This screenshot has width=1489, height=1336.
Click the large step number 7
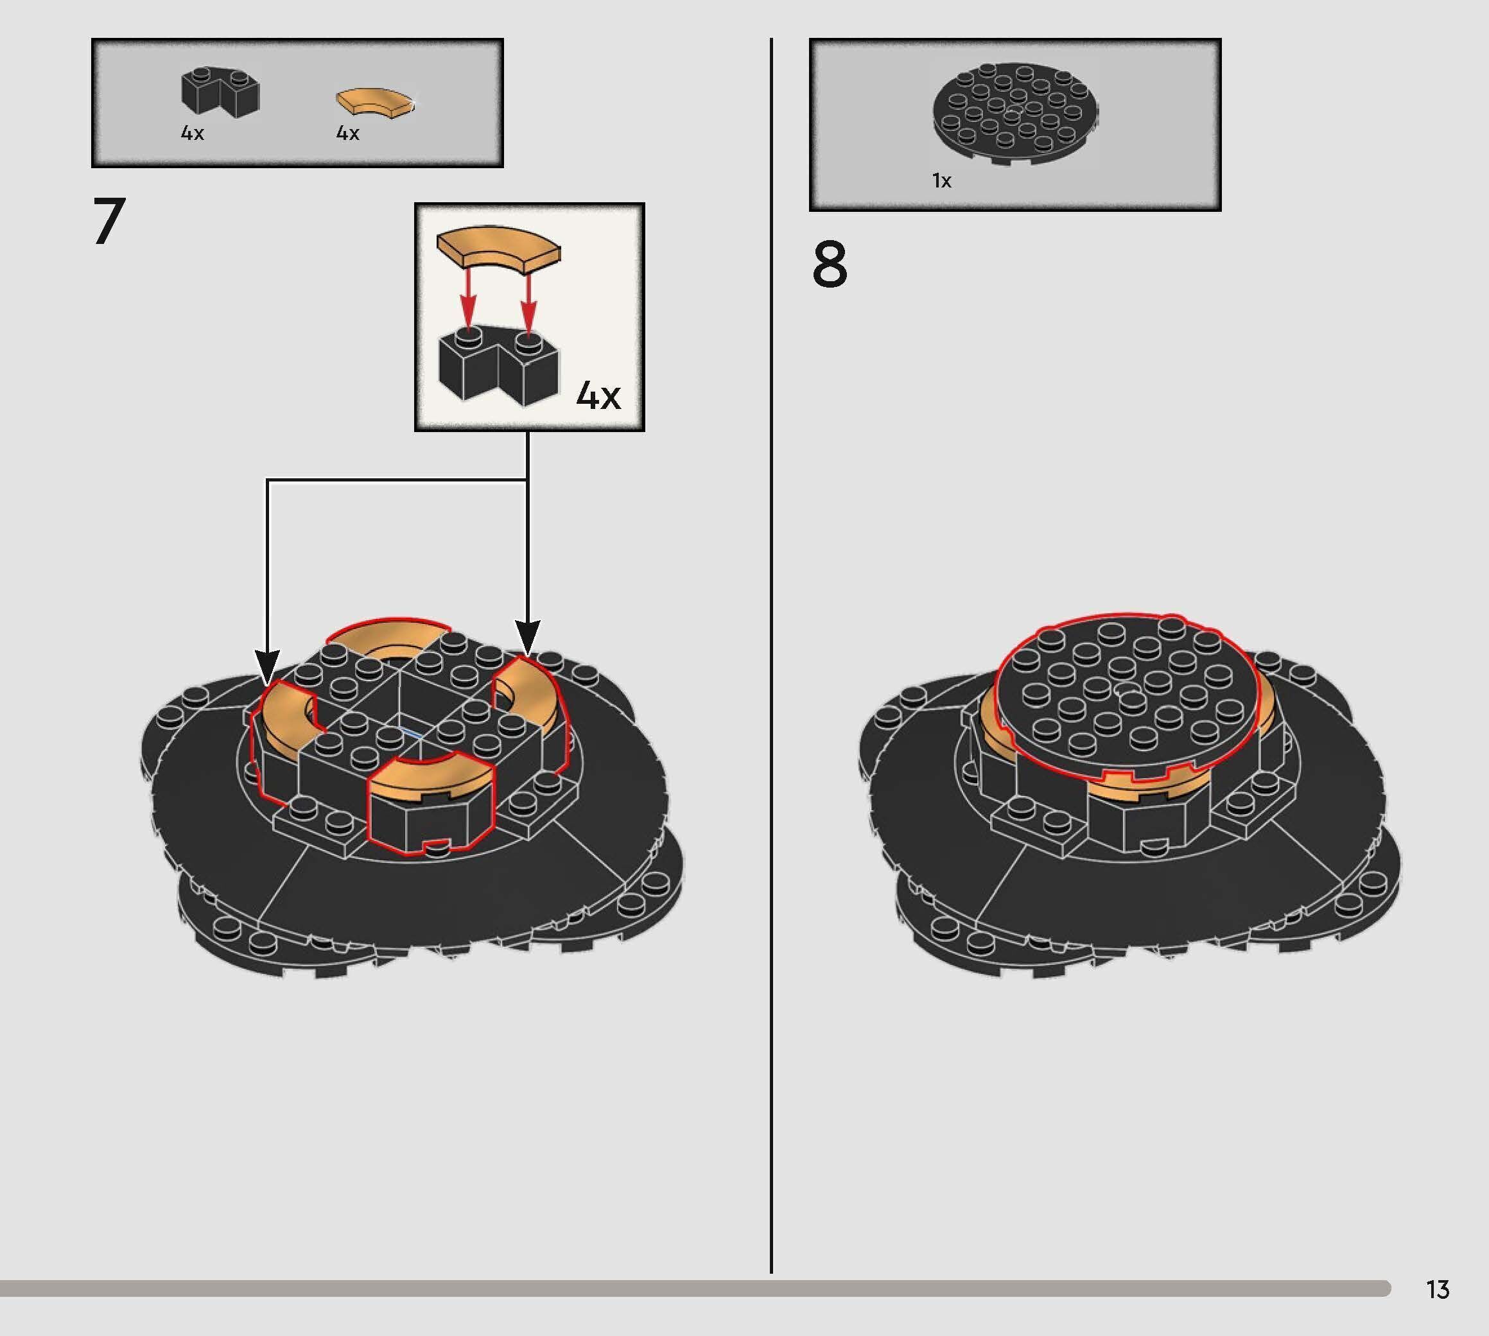tap(109, 221)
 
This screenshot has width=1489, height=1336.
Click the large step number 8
tap(830, 266)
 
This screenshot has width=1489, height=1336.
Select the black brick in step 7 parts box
tap(220, 92)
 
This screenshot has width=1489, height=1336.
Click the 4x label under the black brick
tap(193, 133)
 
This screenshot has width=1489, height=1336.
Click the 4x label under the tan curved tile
tap(347, 133)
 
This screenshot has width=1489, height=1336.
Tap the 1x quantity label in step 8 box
tap(941, 180)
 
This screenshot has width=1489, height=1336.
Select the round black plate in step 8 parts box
tap(1015, 114)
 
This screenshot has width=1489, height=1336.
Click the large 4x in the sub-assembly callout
tap(598, 395)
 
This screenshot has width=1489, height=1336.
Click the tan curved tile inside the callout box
tap(497, 247)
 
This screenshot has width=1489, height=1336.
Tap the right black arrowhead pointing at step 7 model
tap(527, 636)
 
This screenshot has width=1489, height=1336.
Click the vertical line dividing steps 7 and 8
tap(771, 661)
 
